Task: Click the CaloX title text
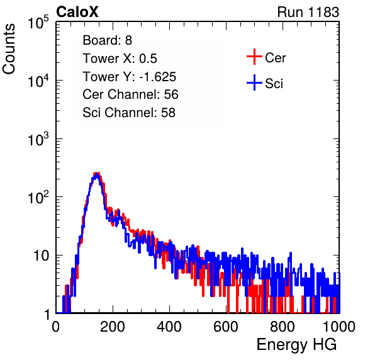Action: pyautogui.click(x=77, y=12)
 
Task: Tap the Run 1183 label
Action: pyautogui.click(x=308, y=12)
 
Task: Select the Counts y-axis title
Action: pyautogui.click(x=9, y=49)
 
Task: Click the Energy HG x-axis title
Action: pyautogui.click(x=296, y=345)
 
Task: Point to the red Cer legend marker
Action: pyautogui.click(x=254, y=57)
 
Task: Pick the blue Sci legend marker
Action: pyautogui.click(x=254, y=82)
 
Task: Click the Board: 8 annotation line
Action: pyautogui.click(x=107, y=40)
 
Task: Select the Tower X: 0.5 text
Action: pyautogui.click(x=120, y=59)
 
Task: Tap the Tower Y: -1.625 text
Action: pyautogui.click(x=130, y=77)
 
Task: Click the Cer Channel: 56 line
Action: pyautogui.click(x=130, y=94)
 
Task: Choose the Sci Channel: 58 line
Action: pyautogui.click(x=129, y=113)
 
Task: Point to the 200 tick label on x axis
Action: pyautogui.click(x=113, y=327)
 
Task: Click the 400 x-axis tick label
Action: pyautogui.click(x=169, y=327)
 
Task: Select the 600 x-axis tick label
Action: pyautogui.click(x=226, y=327)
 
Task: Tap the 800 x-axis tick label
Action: pyautogui.click(x=283, y=327)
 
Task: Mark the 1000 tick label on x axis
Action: pyautogui.click(x=339, y=327)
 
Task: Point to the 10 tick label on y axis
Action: pyautogui.click(x=41, y=256)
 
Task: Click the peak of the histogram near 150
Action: pyautogui.click(x=96, y=174)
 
